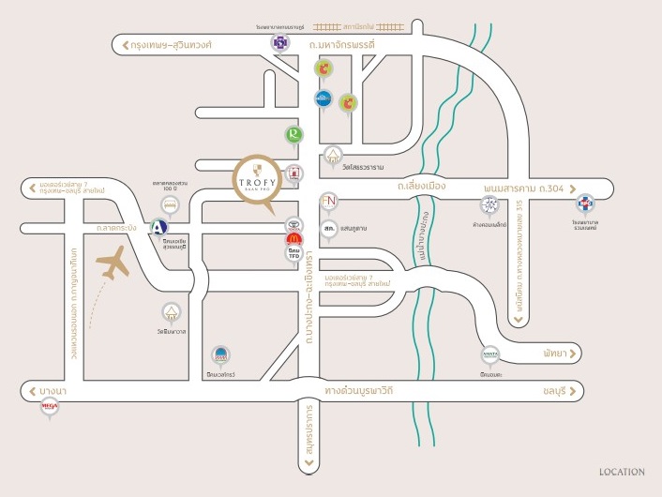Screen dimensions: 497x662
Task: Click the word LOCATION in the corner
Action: pyautogui.click(x=622, y=473)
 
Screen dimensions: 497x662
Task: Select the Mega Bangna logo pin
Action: pyautogui.click(x=50, y=407)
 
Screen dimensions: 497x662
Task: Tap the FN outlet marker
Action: pyautogui.click(x=328, y=201)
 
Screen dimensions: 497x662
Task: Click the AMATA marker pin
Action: pyautogui.click(x=489, y=354)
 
